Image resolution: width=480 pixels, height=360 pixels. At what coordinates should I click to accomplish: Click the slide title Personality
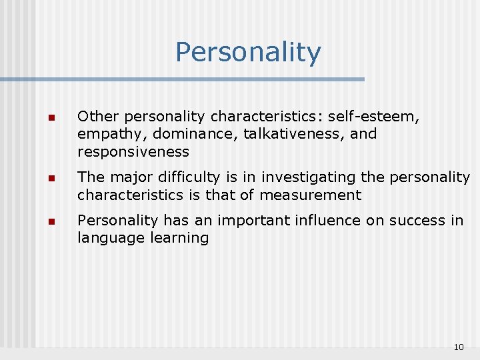tap(248, 53)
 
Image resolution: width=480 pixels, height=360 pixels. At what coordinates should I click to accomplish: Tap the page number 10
tap(458, 347)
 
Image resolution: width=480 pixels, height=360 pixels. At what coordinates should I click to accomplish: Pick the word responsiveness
tap(133, 151)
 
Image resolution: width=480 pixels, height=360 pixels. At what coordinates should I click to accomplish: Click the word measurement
tap(310, 195)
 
